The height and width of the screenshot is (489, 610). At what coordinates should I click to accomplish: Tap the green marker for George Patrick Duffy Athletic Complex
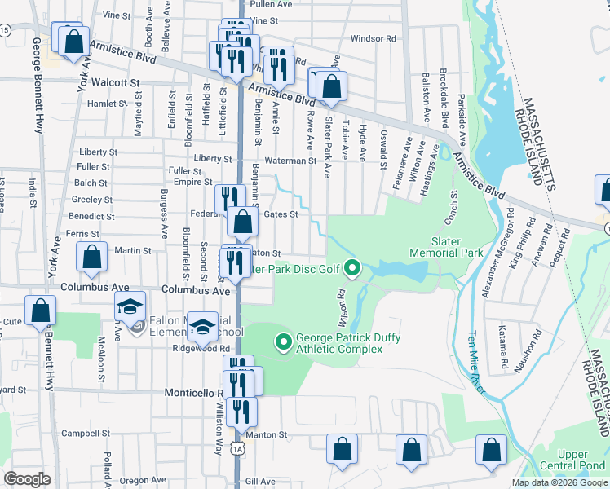(284, 341)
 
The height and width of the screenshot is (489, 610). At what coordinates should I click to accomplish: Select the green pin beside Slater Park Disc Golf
(352, 267)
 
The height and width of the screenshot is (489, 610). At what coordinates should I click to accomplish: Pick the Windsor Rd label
(373, 38)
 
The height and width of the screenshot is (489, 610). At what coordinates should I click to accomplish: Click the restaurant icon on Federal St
(230, 198)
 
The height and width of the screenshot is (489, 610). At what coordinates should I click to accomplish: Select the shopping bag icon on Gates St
(243, 220)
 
